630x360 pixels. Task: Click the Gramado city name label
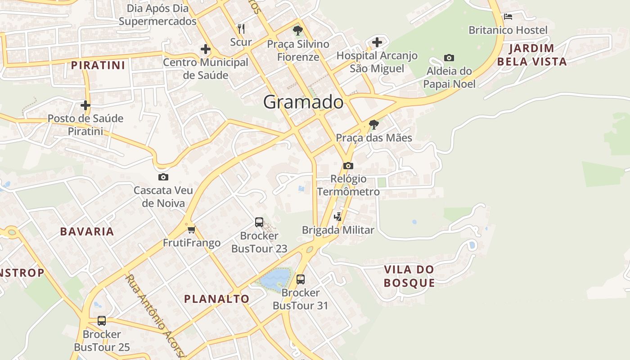(303, 102)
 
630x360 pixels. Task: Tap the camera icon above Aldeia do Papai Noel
(449, 58)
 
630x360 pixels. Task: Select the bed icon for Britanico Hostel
(508, 17)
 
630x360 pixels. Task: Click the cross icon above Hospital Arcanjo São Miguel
(377, 42)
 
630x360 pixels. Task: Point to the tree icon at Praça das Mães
(373, 124)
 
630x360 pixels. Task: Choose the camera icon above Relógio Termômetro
(348, 166)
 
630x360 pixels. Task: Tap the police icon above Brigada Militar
(337, 217)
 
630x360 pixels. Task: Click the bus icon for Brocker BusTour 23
(259, 222)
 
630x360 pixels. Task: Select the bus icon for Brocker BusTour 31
(301, 279)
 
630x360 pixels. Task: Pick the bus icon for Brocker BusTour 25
(102, 321)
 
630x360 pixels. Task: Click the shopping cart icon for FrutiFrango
(191, 229)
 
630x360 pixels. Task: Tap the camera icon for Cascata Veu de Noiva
(163, 177)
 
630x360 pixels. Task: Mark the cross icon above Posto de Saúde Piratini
(85, 105)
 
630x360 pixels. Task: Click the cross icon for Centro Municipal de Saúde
(206, 49)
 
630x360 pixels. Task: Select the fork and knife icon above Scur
(241, 29)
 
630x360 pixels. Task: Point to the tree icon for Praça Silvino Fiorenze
(297, 31)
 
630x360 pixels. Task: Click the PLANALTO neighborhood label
(216, 299)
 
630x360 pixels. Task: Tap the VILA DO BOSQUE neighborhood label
(409, 276)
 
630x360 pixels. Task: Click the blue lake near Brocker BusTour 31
(274, 279)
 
